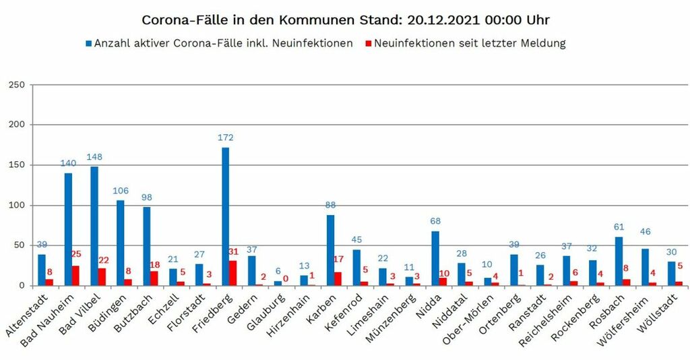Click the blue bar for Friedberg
pos(225,216)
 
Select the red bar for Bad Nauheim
pos(75,276)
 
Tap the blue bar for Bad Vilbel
pos(94,226)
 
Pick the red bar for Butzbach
pos(154,278)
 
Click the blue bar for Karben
pos(330,249)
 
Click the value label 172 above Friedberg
pos(225,138)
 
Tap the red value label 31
pos(234,251)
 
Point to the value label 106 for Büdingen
pos(121,190)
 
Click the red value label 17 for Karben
pos(338,258)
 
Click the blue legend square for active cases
pos(88,44)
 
